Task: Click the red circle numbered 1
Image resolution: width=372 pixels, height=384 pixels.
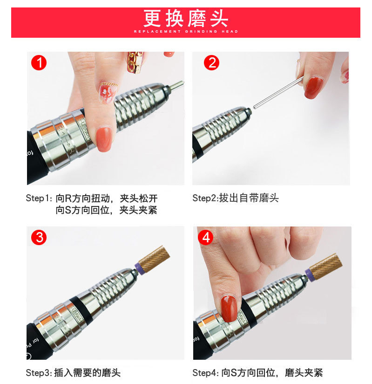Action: (39, 63)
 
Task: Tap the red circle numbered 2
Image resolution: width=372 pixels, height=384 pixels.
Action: (211, 63)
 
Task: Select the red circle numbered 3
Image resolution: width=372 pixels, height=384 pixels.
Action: (39, 237)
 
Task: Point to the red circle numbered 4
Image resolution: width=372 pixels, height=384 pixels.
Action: (206, 237)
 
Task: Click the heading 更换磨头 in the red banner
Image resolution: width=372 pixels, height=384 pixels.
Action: (186, 18)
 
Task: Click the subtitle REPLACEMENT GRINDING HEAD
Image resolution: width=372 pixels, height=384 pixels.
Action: (186, 31)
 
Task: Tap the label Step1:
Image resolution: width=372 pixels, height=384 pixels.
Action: (39, 198)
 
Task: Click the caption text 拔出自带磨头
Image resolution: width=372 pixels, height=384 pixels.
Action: (249, 198)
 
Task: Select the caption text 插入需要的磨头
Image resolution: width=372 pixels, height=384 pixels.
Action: (88, 373)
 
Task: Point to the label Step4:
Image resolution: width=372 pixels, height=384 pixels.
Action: (206, 373)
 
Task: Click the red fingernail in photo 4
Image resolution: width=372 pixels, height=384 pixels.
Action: (229, 308)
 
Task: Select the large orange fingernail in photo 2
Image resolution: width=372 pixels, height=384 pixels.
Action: (313, 88)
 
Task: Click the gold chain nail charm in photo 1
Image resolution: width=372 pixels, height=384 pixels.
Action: (135, 62)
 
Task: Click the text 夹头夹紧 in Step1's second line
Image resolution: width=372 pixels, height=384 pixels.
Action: (138, 210)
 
